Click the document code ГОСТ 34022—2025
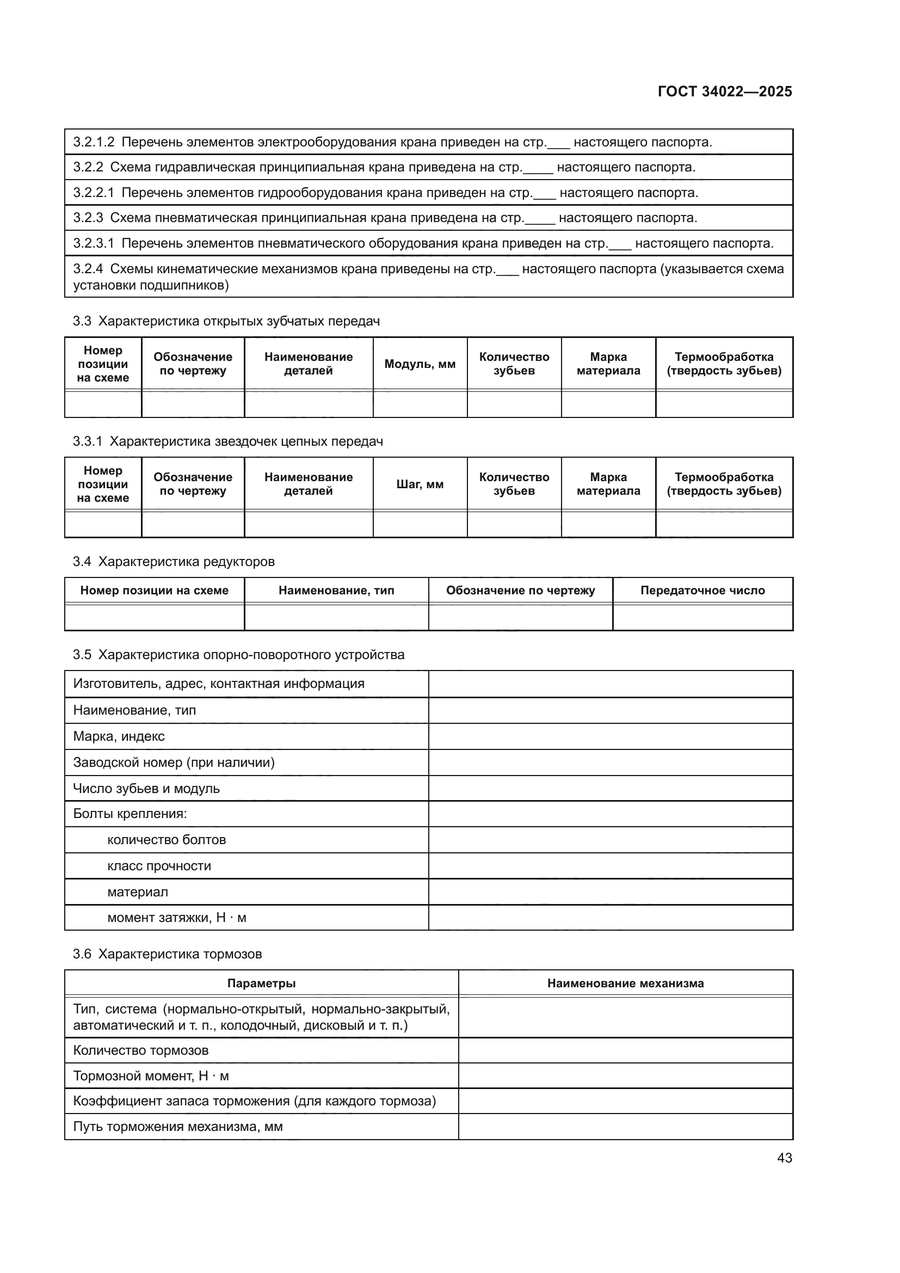point(724,91)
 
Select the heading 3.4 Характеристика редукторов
point(174,562)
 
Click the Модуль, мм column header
point(420,364)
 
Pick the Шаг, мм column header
point(420,484)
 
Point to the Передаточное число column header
point(702,591)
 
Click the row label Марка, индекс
point(119,736)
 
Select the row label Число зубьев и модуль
point(146,789)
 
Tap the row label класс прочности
point(159,866)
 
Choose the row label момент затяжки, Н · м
point(176,918)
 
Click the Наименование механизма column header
point(625,983)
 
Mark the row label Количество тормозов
point(141,1050)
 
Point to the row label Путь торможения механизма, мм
point(177,1127)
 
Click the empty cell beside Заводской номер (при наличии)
point(610,762)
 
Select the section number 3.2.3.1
point(93,243)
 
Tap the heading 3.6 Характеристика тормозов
point(167,954)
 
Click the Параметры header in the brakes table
point(261,983)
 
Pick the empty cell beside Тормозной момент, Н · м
point(625,1075)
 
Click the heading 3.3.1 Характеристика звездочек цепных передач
point(228,441)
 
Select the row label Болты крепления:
point(130,814)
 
